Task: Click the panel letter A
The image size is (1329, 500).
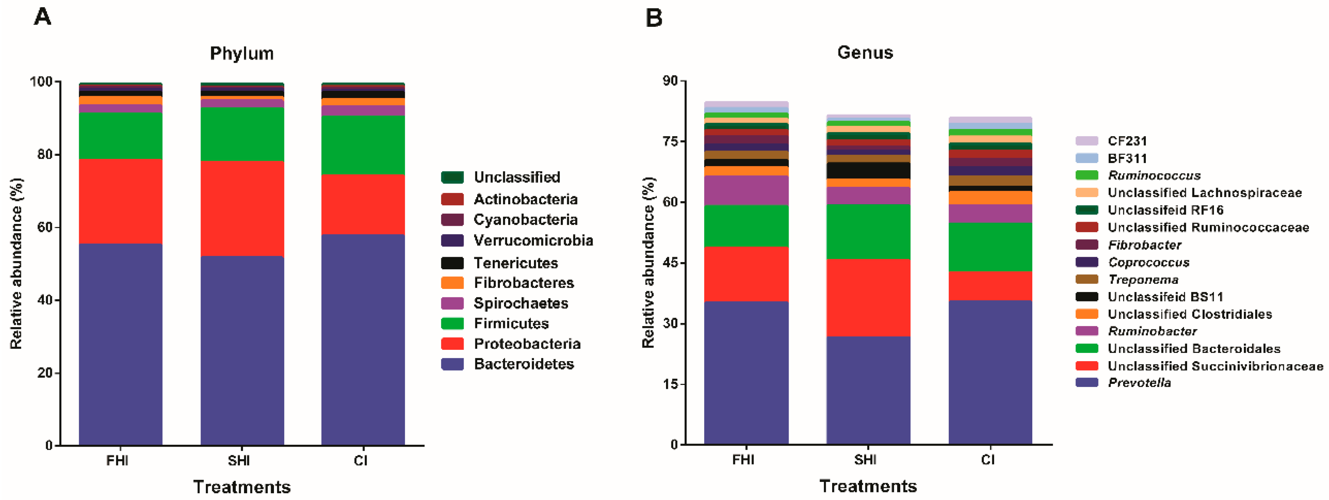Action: [x=42, y=17]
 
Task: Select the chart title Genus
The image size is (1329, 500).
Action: [x=865, y=53]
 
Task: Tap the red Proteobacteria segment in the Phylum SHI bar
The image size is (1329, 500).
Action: [x=242, y=208]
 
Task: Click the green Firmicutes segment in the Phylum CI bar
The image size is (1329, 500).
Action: [x=363, y=145]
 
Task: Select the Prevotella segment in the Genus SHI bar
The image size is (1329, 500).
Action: [x=868, y=390]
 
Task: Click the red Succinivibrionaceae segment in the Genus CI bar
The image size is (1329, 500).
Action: [x=990, y=286]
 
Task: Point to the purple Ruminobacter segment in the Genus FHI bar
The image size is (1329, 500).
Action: [x=746, y=190]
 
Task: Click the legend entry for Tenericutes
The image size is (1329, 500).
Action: [x=515, y=263]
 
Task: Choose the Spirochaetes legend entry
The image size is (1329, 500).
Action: [x=521, y=303]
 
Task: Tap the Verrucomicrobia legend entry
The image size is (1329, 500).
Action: [x=533, y=241]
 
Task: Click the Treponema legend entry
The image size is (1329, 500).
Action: [x=1143, y=280]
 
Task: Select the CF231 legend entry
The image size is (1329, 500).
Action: [x=1127, y=141]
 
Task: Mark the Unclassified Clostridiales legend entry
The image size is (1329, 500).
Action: [x=1189, y=314]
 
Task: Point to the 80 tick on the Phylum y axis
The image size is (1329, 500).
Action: [x=45, y=155]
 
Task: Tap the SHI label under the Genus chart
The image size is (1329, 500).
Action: [x=865, y=459]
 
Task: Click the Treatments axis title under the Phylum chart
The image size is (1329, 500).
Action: [x=241, y=487]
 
